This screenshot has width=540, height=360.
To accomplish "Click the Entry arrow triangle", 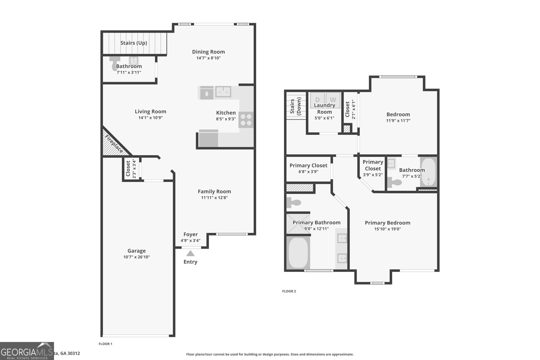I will (x=190, y=253).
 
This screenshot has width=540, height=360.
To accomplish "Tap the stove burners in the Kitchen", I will (x=246, y=119).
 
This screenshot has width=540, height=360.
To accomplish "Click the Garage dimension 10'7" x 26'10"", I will (x=136, y=257).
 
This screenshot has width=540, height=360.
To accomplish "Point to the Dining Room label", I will (x=208, y=52).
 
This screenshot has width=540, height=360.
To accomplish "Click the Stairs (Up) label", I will (x=134, y=43).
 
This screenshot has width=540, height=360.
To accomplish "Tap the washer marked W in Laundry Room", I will (x=333, y=100).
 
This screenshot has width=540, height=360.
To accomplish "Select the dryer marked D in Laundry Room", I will (x=317, y=100).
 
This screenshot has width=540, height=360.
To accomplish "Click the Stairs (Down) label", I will (x=296, y=107).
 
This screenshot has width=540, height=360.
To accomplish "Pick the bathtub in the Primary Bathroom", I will (x=298, y=253).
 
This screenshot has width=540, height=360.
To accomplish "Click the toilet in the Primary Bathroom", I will (x=294, y=203).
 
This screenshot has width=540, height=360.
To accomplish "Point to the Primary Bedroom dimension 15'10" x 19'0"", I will (x=387, y=229).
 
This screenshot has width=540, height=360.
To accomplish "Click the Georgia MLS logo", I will (x=27, y=351).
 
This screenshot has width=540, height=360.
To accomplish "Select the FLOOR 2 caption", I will (x=289, y=291).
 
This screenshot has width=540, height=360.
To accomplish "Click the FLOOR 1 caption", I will (x=105, y=344).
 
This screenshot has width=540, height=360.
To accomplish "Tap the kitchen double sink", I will (x=223, y=91).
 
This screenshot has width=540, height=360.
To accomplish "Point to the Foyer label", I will (x=190, y=234).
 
